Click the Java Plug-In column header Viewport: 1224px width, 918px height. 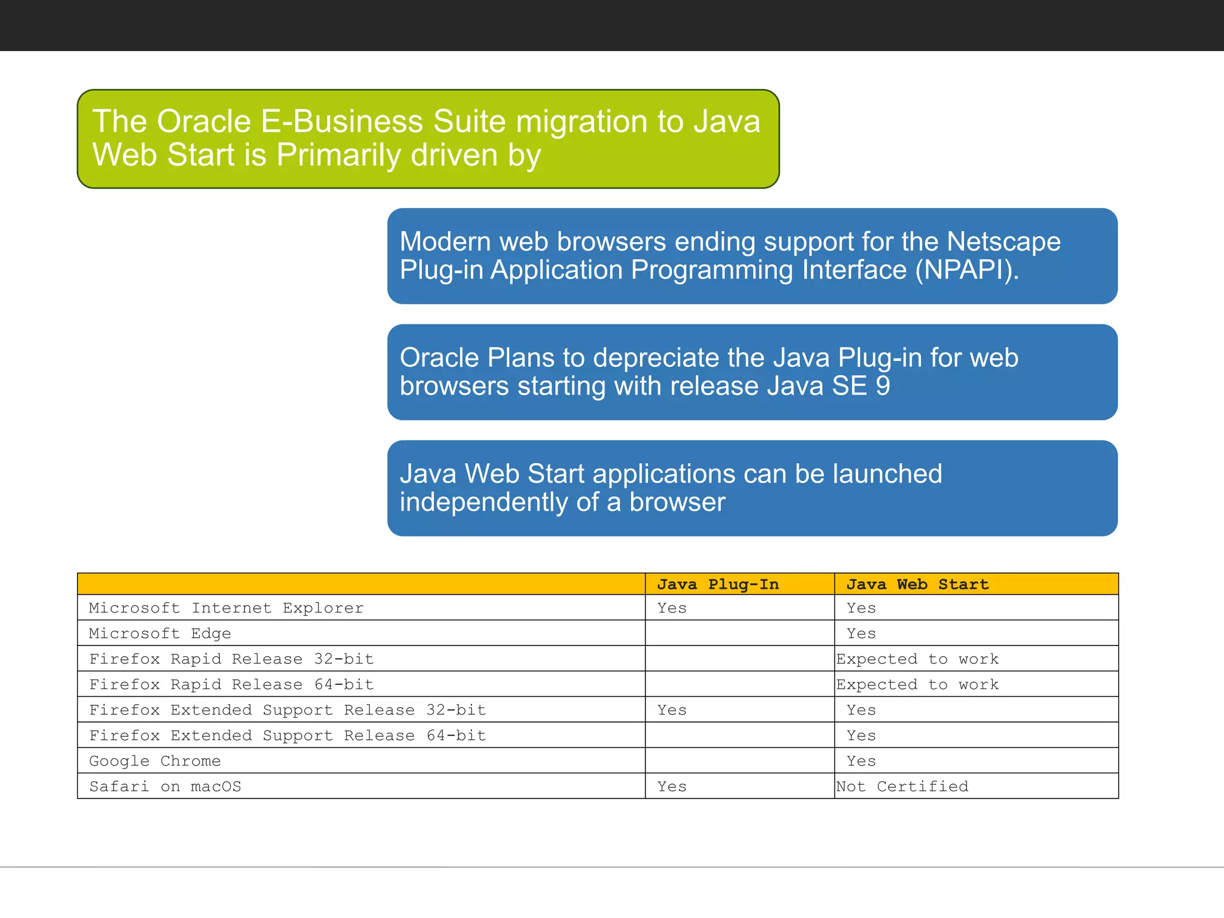click(718, 584)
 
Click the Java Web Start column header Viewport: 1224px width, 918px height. click(917, 584)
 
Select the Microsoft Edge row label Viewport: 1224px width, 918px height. click(160, 633)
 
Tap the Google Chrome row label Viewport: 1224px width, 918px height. click(155, 761)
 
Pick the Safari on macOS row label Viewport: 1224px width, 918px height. click(165, 787)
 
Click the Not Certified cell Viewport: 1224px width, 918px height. click(902, 787)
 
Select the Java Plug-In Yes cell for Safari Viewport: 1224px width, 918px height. click(672, 787)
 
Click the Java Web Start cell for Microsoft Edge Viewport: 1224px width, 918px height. click(861, 633)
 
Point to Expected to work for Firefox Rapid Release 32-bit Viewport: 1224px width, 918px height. click(917, 659)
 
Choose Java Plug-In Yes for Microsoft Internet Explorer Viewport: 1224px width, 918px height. click(672, 608)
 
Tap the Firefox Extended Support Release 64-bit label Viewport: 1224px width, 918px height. click(287, 735)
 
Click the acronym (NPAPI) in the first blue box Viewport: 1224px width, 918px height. click(966, 270)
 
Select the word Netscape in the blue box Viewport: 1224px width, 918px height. click(1003, 241)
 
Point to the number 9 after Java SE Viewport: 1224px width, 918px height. click(883, 385)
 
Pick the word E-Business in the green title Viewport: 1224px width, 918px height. click(342, 121)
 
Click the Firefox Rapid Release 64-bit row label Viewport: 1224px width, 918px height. click(231, 684)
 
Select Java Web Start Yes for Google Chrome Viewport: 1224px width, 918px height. click(861, 761)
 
